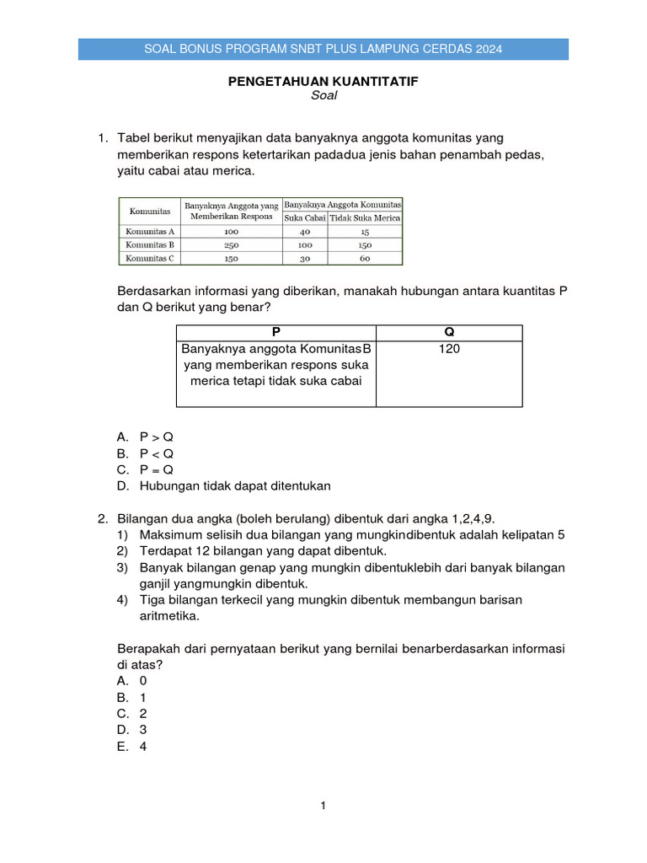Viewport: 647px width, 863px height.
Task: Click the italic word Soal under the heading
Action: [323, 95]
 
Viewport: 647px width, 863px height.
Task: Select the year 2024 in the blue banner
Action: [488, 49]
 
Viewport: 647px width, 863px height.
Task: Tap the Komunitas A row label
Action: [150, 230]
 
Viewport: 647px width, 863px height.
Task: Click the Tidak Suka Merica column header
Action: [365, 217]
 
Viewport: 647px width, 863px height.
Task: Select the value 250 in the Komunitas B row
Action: [231, 244]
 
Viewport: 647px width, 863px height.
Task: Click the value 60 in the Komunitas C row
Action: [365, 258]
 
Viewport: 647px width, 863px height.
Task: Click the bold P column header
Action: [276, 332]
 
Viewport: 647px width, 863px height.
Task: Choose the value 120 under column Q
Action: [449, 349]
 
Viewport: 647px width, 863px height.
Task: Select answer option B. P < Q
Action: [146, 453]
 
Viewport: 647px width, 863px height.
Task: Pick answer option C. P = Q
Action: [146, 469]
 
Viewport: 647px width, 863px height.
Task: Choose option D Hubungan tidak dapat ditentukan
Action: [224, 485]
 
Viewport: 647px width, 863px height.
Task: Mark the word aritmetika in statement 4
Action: [169, 616]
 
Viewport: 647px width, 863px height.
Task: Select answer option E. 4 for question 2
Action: [133, 746]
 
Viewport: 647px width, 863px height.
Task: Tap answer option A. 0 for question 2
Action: [133, 680]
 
